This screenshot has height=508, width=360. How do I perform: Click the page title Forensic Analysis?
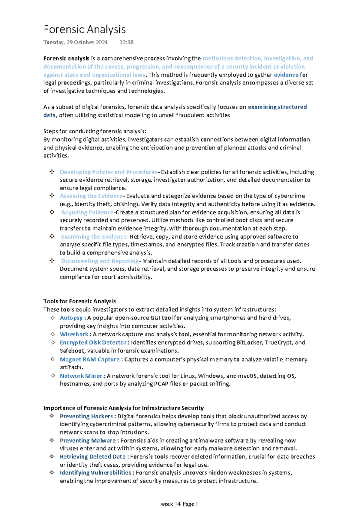click(x=84, y=29)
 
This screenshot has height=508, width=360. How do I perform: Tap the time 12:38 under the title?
click(x=126, y=42)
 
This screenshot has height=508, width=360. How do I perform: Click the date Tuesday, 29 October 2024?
click(x=75, y=42)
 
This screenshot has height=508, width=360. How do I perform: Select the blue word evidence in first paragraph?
click(x=286, y=75)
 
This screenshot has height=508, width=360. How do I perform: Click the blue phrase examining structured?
click(x=277, y=107)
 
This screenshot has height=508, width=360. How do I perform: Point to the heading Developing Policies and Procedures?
click(x=108, y=172)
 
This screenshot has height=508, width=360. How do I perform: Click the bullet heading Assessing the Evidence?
click(x=91, y=196)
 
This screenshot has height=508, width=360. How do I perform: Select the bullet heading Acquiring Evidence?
click(x=87, y=212)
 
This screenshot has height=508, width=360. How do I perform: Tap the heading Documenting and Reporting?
click(x=100, y=261)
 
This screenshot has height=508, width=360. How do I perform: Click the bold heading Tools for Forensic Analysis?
click(x=79, y=301)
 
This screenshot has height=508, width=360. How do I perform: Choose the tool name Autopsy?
click(x=71, y=318)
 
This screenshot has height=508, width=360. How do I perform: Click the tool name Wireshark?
click(x=74, y=334)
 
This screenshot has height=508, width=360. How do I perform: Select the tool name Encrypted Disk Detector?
click(x=93, y=342)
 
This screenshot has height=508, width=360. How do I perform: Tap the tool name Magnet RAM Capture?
click(x=90, y=359)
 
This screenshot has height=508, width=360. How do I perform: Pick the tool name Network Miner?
click(x=81, y=376)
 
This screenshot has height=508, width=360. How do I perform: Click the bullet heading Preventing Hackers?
click(x=86, y=416)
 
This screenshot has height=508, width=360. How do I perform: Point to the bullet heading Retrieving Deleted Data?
click(x=92, y=456)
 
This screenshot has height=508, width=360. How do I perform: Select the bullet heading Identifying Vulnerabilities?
click(x=95, y=473)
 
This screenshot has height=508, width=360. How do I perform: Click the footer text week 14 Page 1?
click(x=179, y=504)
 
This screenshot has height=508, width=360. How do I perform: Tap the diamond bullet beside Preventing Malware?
click(x=52, y=440)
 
